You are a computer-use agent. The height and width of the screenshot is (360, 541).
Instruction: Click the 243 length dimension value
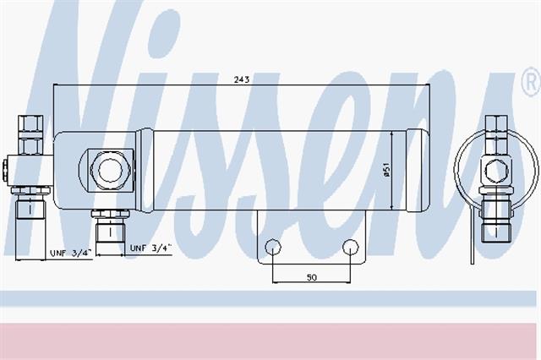click(x=242, y=79)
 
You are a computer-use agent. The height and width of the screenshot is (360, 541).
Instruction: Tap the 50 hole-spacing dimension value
click(x=312, y=277)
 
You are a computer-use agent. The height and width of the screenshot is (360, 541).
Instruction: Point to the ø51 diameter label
click(x=387, y=170)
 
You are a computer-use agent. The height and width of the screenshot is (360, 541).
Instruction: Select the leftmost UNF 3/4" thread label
click(x=71, y=254)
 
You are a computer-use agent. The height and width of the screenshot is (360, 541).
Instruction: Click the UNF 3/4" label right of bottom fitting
click(x=150, y=248)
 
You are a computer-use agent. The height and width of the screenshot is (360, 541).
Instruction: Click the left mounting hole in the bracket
click(x=272, y=247)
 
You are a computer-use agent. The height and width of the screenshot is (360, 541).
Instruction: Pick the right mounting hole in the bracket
click(x=351, y=247)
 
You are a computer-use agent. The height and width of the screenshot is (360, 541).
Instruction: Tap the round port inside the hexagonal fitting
click(x=110, y=170)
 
